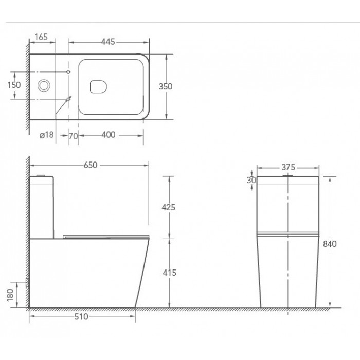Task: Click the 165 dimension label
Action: click(41, 37)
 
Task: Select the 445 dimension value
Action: click(108, 42)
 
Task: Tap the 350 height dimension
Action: click(166, 86)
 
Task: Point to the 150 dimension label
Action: click(14, 85)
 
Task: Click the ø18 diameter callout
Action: click(47, 135)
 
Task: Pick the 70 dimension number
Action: click(73, 136)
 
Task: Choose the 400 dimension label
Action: click(109, 135)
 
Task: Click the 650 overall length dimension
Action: click(91, 165)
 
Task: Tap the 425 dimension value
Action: click(169, 207)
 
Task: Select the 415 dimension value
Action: click(169, 273)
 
